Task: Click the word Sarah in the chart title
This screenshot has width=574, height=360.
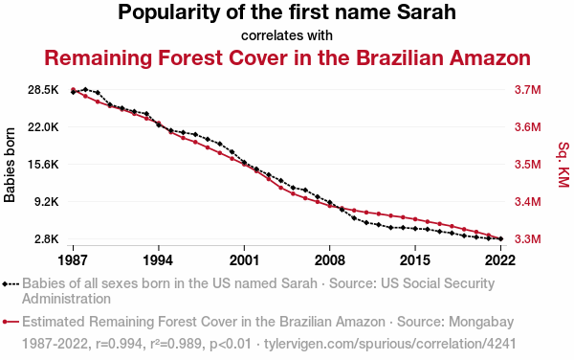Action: point(427,12)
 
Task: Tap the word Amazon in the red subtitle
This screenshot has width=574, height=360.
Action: point(490,57)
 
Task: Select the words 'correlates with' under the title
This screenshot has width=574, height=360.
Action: point(287,35)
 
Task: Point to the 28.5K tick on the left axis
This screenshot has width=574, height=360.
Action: point(43,90)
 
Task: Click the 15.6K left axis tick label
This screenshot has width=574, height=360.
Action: point(43,164)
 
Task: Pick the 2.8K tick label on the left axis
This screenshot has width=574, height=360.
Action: point(47,238)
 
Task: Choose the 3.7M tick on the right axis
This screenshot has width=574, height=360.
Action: point(527,90)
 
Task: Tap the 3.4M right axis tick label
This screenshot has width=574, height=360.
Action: point(527,201)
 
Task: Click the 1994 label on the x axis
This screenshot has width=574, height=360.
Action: point(158,260)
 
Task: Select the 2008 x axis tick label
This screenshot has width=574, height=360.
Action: point(329,260)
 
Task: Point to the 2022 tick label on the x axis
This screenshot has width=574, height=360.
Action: point(500,260)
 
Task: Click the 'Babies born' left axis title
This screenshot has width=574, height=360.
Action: point(10,165)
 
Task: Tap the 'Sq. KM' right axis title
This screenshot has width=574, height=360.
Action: point(564,165)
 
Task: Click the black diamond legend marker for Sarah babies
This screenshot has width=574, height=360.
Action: point(5,283)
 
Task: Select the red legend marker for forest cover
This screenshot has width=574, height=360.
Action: point(5,322)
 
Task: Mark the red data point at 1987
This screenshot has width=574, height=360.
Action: point(73,89)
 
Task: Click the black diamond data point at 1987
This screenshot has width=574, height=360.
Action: point(74,92)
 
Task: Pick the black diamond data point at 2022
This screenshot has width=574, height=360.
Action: point(500,238)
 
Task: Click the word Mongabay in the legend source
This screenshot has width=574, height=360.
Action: point(481,322)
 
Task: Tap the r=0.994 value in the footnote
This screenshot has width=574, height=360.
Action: point(119,344)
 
